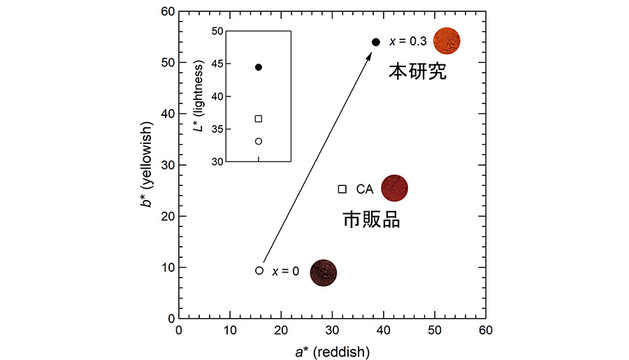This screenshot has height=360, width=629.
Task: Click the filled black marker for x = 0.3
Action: point(376,42)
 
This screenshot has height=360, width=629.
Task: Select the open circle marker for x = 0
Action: point(259,271)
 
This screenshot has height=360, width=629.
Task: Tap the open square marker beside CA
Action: point(342,189)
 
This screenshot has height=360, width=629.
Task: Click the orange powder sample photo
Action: point(447,41)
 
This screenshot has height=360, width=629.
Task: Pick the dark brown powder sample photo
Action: point(324,273)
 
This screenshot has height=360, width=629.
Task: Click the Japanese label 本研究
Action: point(417,71)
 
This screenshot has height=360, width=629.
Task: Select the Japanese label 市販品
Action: point(371,220)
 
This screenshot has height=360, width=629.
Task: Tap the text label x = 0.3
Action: point(407,42)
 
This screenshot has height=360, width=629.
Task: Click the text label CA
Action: point(365,189)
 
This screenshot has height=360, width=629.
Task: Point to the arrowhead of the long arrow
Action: point(370,52)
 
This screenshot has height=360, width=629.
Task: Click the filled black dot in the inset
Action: point(259,67)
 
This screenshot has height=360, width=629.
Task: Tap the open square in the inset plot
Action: point(259,119)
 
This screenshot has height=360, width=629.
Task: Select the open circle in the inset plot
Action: point(259,141)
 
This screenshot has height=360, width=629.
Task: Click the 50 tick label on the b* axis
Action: point(166,63)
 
